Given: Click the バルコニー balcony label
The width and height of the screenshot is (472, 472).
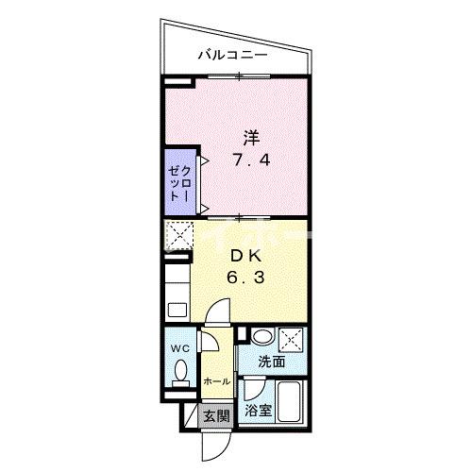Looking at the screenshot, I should tap(232, 55).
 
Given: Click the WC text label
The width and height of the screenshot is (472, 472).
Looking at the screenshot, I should tap(180, 348).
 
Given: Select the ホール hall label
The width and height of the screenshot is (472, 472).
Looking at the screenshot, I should tap(216, 380).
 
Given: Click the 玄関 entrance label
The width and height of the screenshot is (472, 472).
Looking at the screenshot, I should tap(215, 414).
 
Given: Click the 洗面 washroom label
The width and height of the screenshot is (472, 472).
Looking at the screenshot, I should tap(273, 362).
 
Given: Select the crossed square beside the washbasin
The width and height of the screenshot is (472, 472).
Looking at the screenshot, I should tap(293, 338).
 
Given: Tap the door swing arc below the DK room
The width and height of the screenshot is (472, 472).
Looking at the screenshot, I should tap(218, 311).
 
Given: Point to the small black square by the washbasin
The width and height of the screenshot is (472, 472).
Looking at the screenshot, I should tap(243, 334).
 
